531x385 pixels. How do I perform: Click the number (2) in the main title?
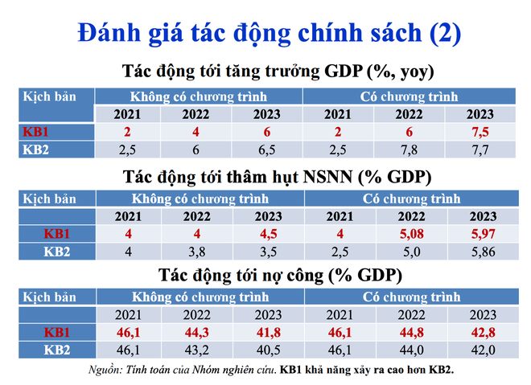445,33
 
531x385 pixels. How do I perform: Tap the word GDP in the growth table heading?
344,71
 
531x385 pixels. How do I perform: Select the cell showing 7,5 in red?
480,132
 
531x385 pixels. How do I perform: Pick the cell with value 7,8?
409,149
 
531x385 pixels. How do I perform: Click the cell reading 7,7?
480,149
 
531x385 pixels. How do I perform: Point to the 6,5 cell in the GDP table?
267,149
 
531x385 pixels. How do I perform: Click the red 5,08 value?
411,234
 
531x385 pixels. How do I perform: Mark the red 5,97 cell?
484,234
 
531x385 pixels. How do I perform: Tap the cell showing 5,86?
484,252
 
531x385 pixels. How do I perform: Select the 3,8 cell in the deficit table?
197,252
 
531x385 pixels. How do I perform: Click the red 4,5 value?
269,234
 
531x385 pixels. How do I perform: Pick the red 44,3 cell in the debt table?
197,332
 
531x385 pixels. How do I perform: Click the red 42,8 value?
484,332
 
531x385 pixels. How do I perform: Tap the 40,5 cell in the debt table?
269,350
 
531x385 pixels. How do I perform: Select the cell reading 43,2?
197,350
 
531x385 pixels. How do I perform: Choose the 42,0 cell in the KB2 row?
484,350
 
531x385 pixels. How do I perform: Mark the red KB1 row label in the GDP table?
35,132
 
